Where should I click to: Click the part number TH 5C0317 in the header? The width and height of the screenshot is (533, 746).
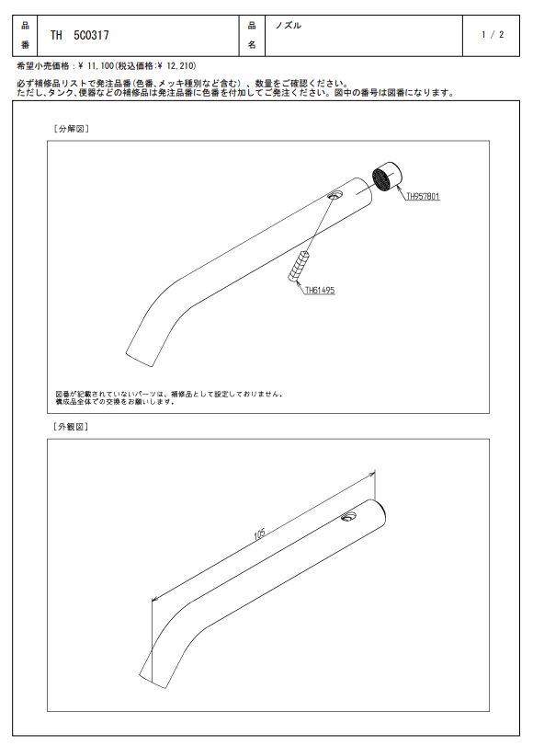[79, 35]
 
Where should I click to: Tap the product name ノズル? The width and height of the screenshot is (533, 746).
[289, 26]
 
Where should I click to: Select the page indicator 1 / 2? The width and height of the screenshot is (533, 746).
[493, 35]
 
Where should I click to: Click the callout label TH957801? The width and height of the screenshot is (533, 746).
[423, 196]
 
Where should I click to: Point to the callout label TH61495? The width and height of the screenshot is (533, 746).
[320, 290]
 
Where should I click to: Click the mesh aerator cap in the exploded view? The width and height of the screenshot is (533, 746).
[386, 176]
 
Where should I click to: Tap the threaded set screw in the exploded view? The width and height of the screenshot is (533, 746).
[298, 266]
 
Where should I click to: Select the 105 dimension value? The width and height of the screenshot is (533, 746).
[259, 534]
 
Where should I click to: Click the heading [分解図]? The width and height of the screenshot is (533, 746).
[72, 129]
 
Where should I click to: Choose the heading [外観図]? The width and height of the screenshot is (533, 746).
[71, 427]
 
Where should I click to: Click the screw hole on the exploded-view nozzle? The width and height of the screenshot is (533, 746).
[335, 194]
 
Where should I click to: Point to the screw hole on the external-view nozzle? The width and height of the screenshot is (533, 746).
[348, 516]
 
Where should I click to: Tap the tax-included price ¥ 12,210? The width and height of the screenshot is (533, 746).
[176, 65]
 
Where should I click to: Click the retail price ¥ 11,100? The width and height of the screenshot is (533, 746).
[95, 65]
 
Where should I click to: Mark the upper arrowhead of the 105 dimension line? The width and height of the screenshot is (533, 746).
[371, 475]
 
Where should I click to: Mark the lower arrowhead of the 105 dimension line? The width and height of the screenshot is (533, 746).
[155, 600]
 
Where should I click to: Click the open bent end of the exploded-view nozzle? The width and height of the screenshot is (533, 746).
[140, 359]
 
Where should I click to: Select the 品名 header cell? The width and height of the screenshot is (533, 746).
[252, 35]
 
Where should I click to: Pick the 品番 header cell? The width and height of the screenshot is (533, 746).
[25, 35]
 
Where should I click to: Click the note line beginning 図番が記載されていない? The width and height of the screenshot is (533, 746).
[170, 394]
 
